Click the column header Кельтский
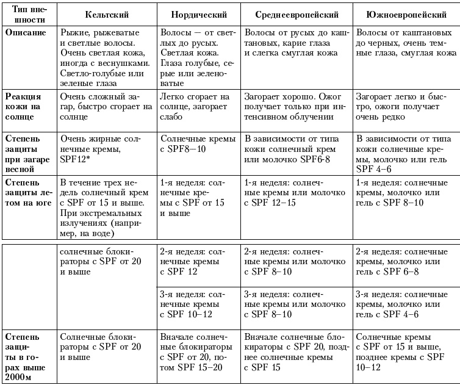click(106, 13)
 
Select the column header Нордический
click(197, 13)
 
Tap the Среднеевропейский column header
click(296, 13)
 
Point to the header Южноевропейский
click(405, 13)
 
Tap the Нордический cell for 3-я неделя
click(197, 303)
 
